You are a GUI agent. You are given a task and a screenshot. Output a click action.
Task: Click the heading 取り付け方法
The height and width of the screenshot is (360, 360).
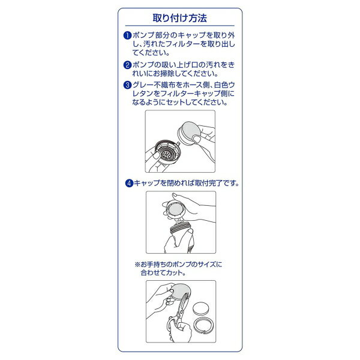[x=180, y=18]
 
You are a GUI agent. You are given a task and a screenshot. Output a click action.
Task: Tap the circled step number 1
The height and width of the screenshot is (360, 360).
[x=127, y=35]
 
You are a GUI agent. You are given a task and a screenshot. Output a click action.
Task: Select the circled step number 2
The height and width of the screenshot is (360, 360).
[x=127, y=65]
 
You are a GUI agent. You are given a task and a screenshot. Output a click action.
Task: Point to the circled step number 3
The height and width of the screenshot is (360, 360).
[x=127, y=85]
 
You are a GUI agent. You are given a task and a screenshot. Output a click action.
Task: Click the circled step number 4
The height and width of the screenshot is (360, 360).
[x=129, y=183]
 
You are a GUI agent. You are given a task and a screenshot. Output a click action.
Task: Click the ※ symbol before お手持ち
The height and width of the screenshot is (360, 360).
[x=137, y=265]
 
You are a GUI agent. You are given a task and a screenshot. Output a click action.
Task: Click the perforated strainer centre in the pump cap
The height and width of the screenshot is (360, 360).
[x=166, y=154]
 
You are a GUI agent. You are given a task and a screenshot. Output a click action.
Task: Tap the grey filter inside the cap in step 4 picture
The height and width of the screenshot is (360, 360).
[x=175, y=209]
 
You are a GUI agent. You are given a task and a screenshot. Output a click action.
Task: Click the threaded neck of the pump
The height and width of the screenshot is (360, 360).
[x=180, y=228]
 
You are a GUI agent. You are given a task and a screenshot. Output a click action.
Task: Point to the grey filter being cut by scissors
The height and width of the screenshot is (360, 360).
[x=181, y=291]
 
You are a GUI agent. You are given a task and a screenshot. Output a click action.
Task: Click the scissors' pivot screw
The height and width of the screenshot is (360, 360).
[x=181, y=311]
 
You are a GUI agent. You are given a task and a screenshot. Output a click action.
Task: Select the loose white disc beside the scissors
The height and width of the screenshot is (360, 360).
[x=201, y=308]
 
